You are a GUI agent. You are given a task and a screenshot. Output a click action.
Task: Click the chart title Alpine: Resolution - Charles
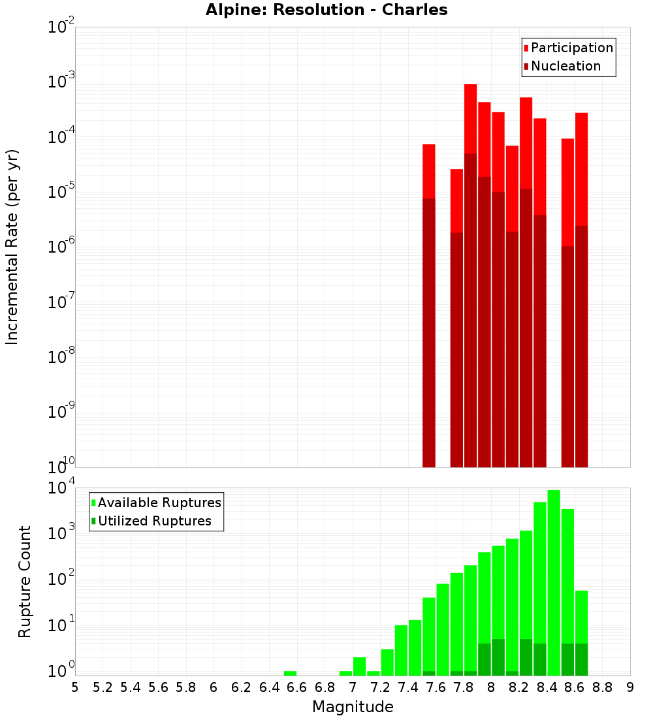[326, 10]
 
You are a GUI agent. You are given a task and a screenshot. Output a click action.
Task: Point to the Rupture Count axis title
[25, 582]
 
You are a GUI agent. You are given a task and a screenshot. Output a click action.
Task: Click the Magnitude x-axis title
[353, 707]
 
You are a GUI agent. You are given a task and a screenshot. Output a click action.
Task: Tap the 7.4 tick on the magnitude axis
[408, 687]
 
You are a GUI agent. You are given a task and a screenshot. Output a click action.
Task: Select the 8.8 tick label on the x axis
[602, 687]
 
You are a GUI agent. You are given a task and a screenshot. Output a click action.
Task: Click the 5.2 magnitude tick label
[103, 687]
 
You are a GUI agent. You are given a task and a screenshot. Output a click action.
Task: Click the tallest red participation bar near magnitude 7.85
[470, 117]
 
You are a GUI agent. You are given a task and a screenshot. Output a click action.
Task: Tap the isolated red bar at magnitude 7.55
[429, 170]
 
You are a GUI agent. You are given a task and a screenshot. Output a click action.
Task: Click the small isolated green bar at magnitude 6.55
[290, 673]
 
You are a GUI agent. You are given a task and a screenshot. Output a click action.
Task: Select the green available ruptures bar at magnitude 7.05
[359, 666]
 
